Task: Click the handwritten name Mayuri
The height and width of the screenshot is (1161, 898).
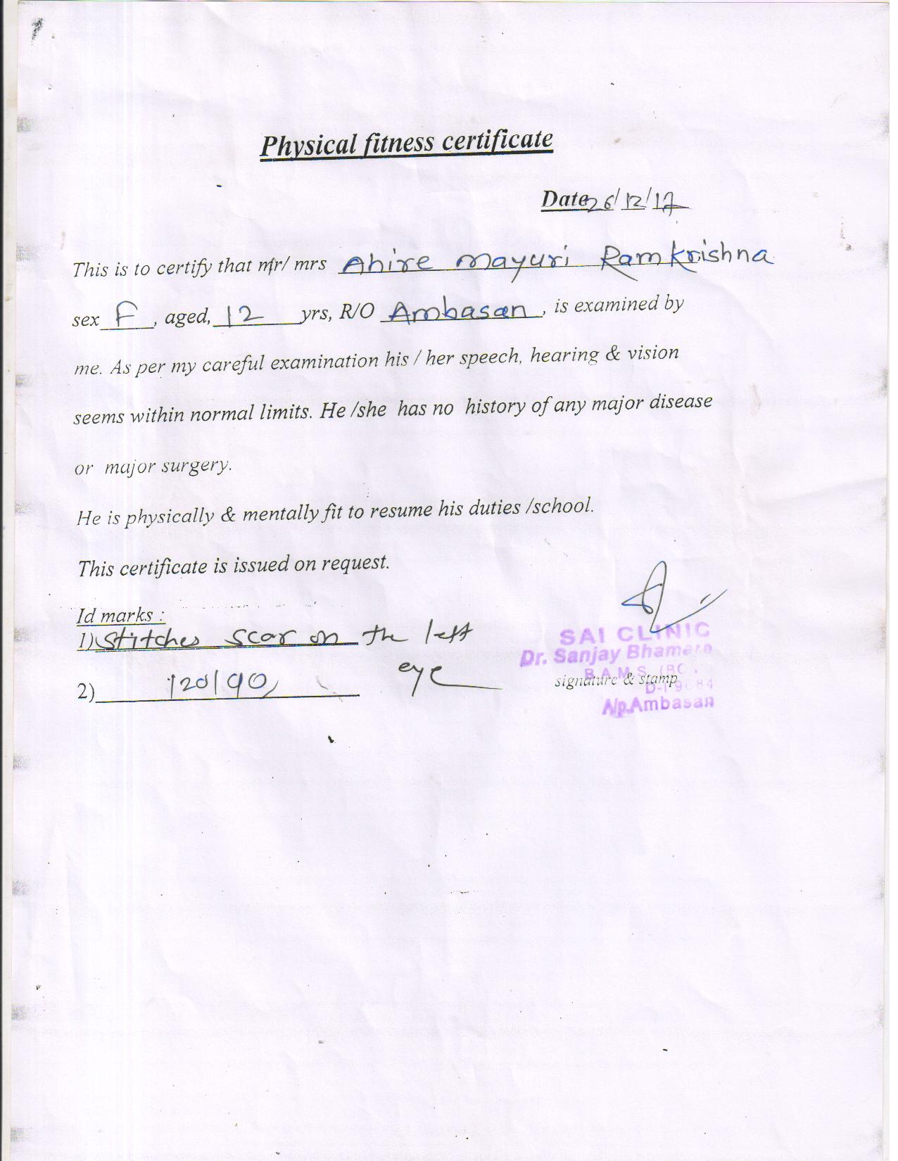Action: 515,264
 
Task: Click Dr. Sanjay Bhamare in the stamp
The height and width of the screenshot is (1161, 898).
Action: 617,654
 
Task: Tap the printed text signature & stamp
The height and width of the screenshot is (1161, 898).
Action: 616,680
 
